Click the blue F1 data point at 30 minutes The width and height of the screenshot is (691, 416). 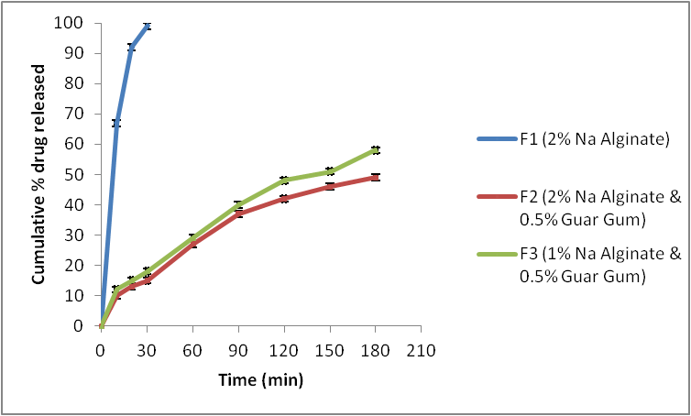point(147,27)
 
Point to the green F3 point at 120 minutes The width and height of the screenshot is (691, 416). point(284,180)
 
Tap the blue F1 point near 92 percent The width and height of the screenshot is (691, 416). point(131,48)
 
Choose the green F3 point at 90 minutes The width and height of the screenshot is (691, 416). point(238,204)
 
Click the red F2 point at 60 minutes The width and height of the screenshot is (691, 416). point(192,244)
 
